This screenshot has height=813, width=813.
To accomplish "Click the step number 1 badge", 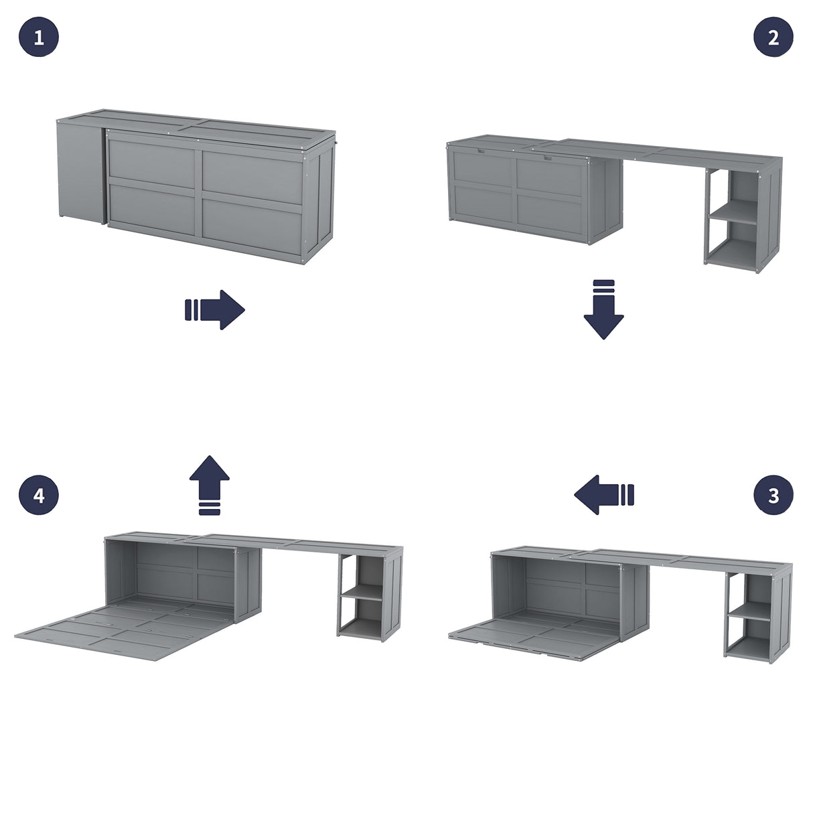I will pyautogui.click(x=39, y=37).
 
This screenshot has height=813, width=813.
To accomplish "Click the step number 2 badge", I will pyautogui.click(x=773, y=37).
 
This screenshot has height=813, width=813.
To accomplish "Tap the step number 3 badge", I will pyautogui.click(x=773, y=496).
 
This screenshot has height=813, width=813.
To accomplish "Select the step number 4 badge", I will pyautogui.click(x=39, y=496).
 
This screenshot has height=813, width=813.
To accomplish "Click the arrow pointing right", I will pyautogui.click(x=215, y=309).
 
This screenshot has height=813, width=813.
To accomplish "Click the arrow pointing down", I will pyautogui.click(x=603, y=310).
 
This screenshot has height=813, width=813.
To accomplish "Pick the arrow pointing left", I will pyautogui.click(x=603, y=495).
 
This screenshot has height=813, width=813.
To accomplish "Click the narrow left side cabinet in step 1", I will pyautogui.click(x=79, y=171).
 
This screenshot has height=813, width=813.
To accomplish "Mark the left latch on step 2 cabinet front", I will pyautogui.click(x=481, y=151).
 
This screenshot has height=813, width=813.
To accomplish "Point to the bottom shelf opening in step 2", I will pyautogui.click(x=733, y=244).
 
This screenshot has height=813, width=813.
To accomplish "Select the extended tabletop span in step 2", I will pyautogui.click(x=663, y=153).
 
